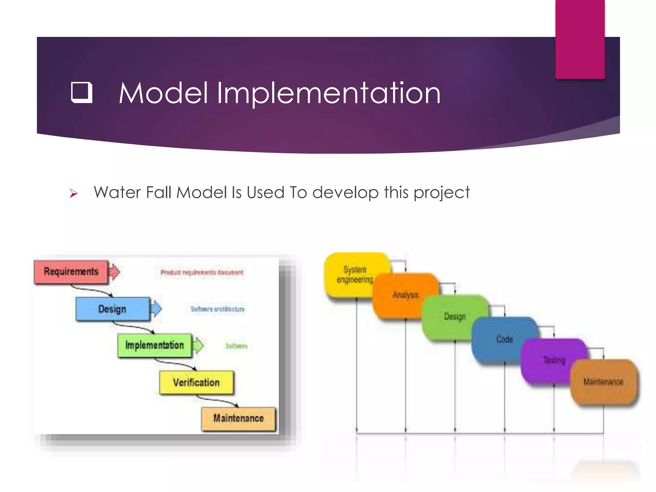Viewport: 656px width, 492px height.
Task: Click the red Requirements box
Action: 71,272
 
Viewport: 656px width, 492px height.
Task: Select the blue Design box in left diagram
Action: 112,309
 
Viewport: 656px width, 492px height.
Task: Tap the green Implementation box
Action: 154,345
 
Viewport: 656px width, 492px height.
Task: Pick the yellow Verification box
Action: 196,382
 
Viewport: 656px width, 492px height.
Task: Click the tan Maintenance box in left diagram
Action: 238,418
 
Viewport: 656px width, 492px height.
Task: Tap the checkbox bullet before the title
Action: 81,93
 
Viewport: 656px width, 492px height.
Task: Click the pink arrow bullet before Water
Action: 74,193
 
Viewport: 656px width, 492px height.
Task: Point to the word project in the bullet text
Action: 441,193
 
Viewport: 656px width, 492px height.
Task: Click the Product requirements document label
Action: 202,273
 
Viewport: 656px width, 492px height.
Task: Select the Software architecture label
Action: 217,309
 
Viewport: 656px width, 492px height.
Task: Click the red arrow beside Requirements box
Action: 114,272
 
